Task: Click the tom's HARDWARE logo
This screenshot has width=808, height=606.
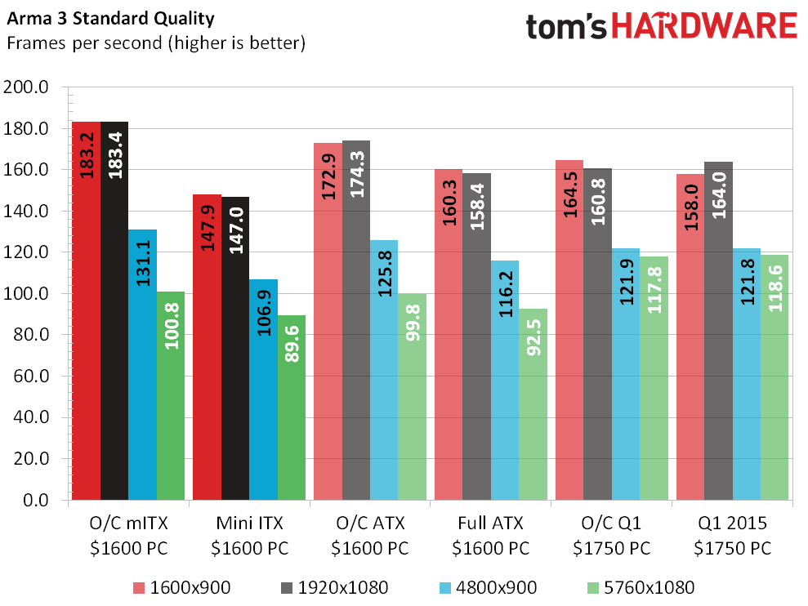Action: (660, 26)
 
